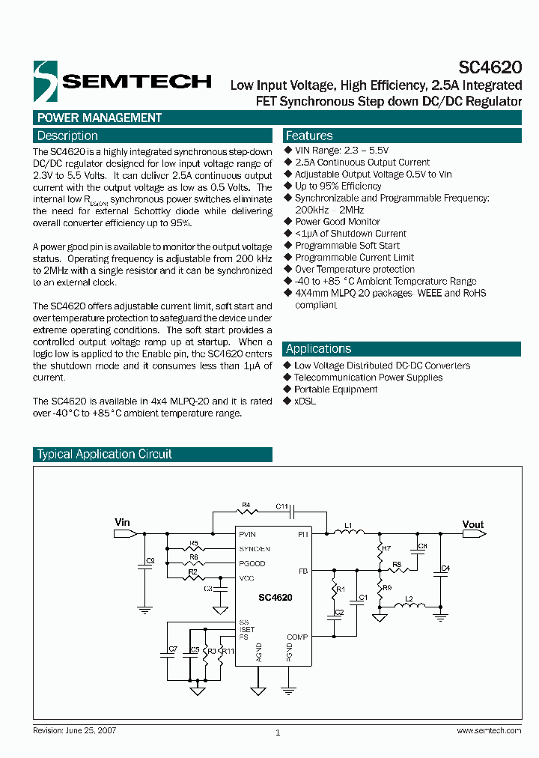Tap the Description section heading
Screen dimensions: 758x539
tap(67, 136)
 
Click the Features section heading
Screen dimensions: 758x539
tap(309, 136)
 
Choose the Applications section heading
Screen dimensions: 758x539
tap(318, 348)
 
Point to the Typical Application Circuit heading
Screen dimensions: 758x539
tap(105, 454)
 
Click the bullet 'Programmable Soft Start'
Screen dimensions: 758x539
tap(347, 245)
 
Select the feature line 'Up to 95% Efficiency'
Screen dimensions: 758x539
tap(338, 186)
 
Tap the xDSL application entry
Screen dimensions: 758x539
tap(305, 401)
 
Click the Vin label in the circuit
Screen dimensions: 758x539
tap(122, 522)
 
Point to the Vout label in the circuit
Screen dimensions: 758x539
tap(473, 524)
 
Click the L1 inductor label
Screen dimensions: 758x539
tap(348, 524)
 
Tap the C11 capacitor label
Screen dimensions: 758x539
tap(282, 506)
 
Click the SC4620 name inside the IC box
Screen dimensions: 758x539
tap(275, 598)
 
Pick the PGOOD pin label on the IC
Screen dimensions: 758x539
tap(252, 563)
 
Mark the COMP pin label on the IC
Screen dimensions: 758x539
tap(297, 637)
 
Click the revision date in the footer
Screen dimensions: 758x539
tap(75, 730)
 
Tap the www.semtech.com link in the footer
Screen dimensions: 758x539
tap(488, 730)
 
